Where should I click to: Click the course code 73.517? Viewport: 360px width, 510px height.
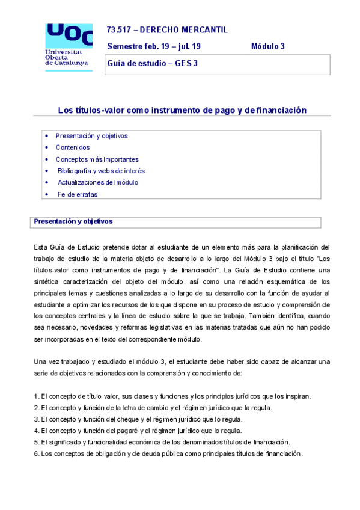[119, 30]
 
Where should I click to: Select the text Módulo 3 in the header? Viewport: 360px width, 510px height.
[267, 46]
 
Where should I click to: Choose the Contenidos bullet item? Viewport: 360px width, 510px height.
[72, 147]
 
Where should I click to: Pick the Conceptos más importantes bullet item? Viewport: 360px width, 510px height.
[97, 159]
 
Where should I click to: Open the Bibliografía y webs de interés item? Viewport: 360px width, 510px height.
[101, 171]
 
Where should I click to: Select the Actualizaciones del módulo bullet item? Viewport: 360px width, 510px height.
[98, 182]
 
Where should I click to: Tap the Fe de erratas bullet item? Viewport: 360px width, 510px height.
[77, 194]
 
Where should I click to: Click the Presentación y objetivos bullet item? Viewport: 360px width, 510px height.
[91, 136]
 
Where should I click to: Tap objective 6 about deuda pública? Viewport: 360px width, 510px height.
[168, 453]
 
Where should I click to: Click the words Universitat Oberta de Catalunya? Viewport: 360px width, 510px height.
[66, 58]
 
